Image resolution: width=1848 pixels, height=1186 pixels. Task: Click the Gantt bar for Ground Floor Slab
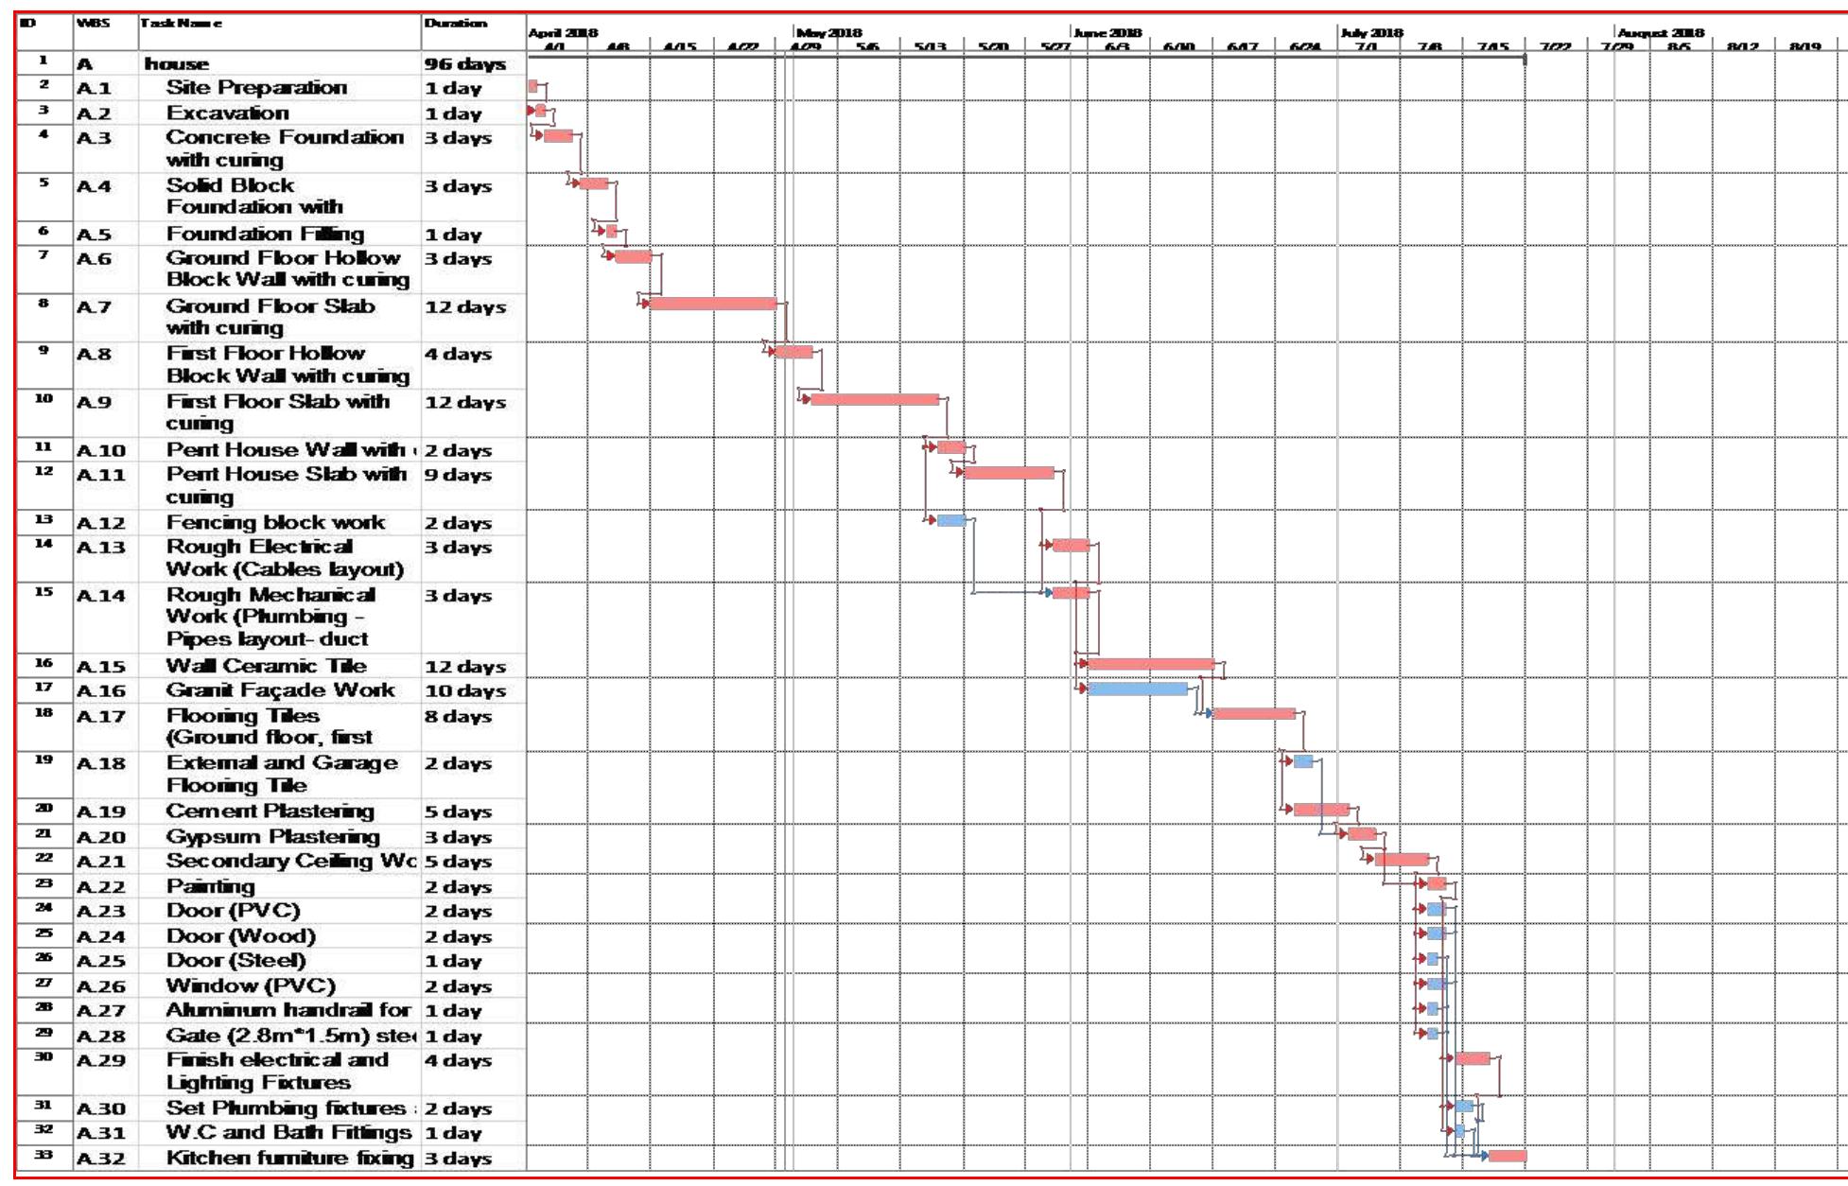(x=712, y=304)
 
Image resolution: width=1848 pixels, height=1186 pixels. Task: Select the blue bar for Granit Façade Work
(x=1138, y=689)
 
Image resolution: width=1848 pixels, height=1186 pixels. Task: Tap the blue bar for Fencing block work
(x=950, y=521)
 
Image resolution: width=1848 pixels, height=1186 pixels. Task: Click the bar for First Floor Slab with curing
(x=875, y=399)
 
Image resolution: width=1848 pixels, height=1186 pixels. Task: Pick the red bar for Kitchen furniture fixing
(x=1507, y=1156)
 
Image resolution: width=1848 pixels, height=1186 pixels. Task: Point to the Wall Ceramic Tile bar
(x=1151, y=664)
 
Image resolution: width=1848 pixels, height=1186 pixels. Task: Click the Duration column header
(x=456, y=24)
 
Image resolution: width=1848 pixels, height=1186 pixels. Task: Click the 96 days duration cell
(x=465, y=64)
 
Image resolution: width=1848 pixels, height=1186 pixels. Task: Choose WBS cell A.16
(x=101, y=691)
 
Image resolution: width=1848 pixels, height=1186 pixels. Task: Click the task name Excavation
(x=227, y=113)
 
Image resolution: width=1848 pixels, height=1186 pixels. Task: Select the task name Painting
(x=210, y=886)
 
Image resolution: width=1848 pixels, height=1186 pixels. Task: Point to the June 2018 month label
(x=1107, y=33)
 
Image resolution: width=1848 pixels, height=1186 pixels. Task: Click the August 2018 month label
(x=1660, y=33)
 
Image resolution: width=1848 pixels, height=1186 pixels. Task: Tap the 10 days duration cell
(x=465, y=691)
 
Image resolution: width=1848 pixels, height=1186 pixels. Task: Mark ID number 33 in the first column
(x=44, y=1155)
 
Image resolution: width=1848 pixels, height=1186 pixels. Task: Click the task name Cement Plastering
(x=270, y=811)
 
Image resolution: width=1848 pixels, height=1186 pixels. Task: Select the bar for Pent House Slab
(x=1008, y=472)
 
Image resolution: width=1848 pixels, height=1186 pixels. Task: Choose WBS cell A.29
(x=101, y=1061)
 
